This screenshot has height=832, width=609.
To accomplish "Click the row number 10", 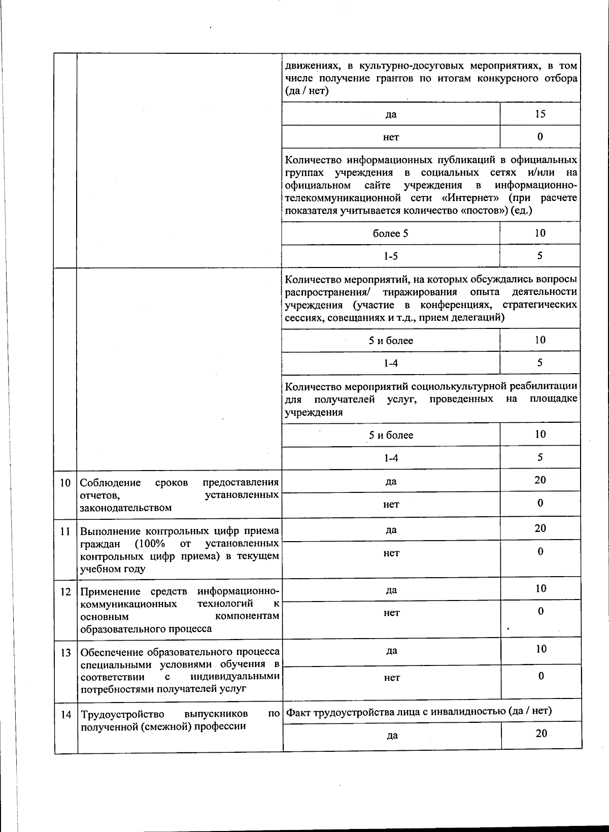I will [x=65, y=482].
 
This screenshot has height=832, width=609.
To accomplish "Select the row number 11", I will [x=65, y=531].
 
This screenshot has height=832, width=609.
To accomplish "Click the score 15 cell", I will [x=540, y=114].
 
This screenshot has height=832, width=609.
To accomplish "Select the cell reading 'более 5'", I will [x=390, y=234].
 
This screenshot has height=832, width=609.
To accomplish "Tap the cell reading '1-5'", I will [x=390, y=256].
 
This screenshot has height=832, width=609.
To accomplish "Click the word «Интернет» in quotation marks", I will [x=469, y=198].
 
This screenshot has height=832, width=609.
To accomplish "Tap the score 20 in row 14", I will [x=541, y=733].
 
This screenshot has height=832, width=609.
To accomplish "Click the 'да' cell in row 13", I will [x=391, y=651].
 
